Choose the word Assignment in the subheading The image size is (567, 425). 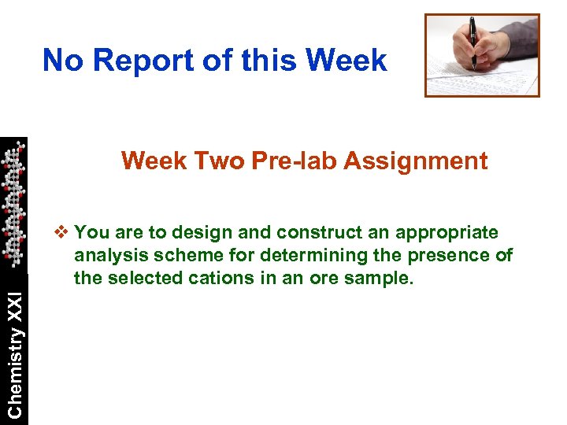pos(415,161)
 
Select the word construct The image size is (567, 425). pos(286,233)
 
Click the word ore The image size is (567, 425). pos(305,278)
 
